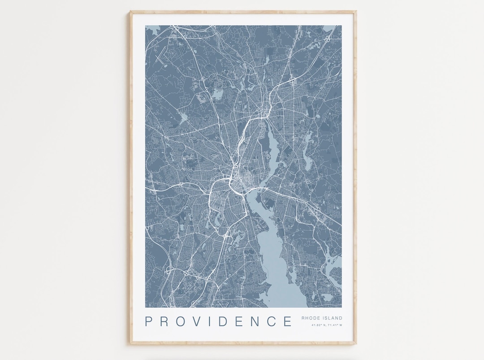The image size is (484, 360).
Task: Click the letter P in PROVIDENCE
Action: click(x=149, y=321)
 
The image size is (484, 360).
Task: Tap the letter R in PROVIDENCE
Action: click(x=164, y=321)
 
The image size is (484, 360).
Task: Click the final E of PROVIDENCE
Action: click(x=287, y=321)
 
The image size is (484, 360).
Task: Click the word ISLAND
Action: click(x=333, y=318)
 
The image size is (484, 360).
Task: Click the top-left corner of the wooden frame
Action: click(x=130, y=12)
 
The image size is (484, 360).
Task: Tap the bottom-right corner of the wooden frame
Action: click(x=356, y=344)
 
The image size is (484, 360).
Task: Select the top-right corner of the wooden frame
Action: click(x=356, y=12)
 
